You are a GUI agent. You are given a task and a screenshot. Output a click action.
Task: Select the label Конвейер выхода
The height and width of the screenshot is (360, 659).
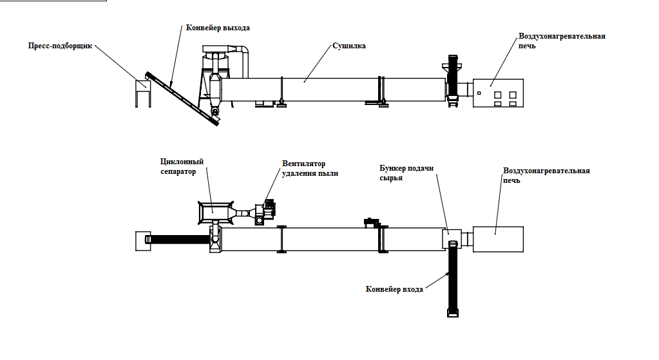point(217,28)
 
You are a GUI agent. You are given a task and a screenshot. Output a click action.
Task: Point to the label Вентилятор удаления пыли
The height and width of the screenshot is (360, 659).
point(309,168)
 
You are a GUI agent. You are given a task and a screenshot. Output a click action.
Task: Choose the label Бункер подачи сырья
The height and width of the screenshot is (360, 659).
point(406,173)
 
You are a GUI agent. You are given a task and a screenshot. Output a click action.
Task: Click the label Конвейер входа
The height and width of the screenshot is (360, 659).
point(394,290)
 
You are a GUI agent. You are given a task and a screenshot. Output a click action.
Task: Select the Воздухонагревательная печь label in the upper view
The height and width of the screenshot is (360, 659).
point(562,41)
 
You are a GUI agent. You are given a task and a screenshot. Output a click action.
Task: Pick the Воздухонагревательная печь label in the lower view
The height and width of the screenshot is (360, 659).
point(546,175)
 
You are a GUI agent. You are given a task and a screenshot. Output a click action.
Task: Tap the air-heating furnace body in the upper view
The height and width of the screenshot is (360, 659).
point(499,93)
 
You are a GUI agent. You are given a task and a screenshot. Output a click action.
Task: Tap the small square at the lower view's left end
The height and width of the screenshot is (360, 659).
point(141,240)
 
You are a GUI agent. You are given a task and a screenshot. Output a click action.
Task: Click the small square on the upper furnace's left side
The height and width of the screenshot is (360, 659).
point(479,93)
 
